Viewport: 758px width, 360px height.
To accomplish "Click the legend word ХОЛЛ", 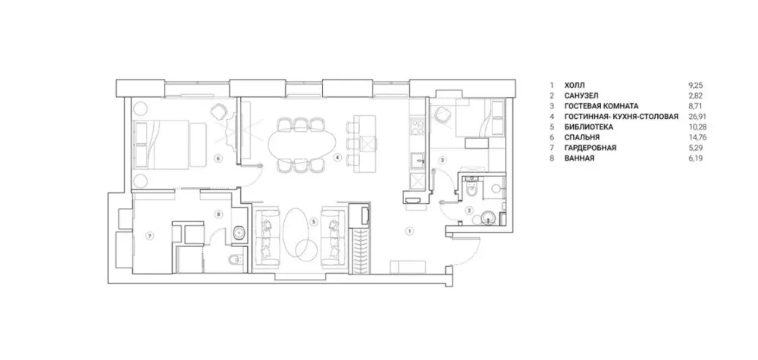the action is [x=575, y=85].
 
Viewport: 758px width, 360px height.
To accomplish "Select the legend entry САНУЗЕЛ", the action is [x=581, y=95].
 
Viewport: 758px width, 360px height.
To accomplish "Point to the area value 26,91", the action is [x=695, y=117].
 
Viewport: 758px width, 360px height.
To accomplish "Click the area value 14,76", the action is [x=695, y=138].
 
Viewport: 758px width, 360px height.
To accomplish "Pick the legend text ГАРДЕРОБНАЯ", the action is [x=590, y=148].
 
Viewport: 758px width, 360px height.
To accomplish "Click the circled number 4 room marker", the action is [x=337, y=157].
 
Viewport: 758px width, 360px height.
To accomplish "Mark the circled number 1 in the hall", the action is [x=409, y=231].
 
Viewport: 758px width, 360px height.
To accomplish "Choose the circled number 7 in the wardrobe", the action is [x=150, y=236].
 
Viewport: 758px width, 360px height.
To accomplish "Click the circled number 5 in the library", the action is [x=315, y=222].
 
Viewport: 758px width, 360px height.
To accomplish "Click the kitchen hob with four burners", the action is [x=416, y=127].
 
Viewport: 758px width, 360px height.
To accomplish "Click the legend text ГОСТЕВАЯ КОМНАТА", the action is [x=601, y=106].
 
